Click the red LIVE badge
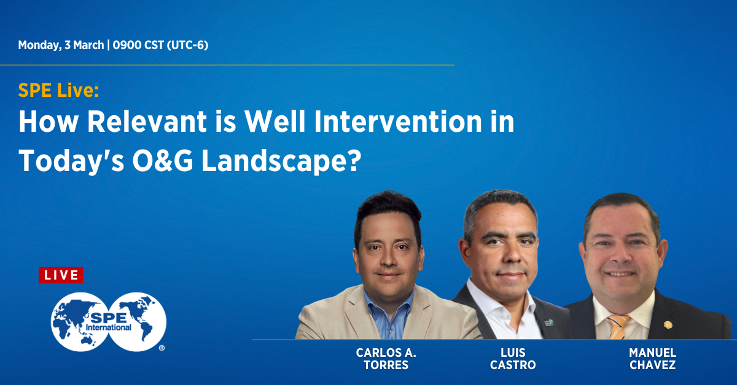click(x=61, y=275)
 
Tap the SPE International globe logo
click(x=109, y=322)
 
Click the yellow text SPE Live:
click(x=58, y=90)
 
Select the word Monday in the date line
click(x=39, y=45)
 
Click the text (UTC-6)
click(x=187, y=45)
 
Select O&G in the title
click(x=163, y=161)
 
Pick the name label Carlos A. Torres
click(x=386, y=359)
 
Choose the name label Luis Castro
click(x=513, y=359)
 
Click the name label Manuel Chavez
click(x=652, y=359)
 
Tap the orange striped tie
click(x=618, y=327)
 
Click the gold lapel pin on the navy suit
click(x=668, y=324)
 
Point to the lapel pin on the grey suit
click(x=548, y=322)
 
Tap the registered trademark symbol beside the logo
click(x=162, y=348)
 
